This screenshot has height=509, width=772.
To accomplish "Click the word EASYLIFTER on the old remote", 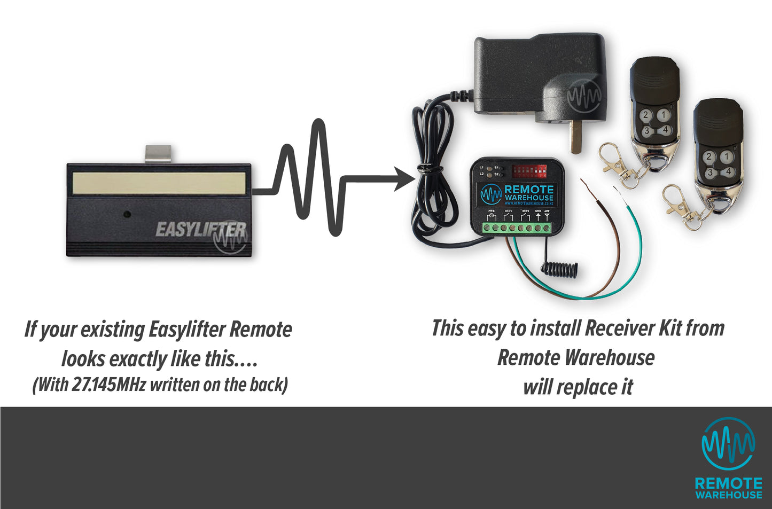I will click(200, 230).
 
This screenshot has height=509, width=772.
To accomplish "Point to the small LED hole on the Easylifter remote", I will click(127, 214).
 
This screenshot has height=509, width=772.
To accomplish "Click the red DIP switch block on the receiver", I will click(529, 171).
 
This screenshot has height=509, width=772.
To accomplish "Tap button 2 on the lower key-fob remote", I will click(708, 156).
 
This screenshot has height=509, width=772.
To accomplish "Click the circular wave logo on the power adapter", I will click(584, 96).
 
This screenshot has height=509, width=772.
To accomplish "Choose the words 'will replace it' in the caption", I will click(578, 387).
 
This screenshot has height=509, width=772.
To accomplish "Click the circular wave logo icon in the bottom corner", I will click(728, 444).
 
